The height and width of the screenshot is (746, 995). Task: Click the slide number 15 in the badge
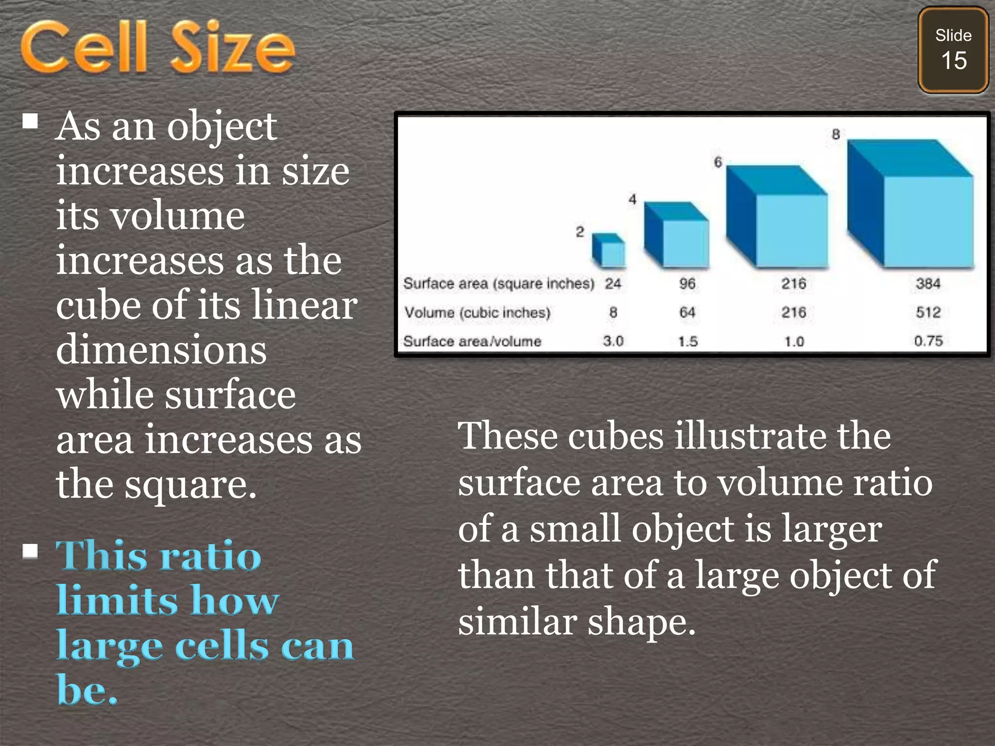(954, 61)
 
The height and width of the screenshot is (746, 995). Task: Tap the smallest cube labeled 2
(609, 251)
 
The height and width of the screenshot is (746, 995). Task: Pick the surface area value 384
(928, 284)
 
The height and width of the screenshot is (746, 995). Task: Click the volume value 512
(928, 312)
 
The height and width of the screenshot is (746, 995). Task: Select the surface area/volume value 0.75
(928, 341)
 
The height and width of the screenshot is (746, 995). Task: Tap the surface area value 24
(613, 284)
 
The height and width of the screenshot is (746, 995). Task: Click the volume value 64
(687, 312)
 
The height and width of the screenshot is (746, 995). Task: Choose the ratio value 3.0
(613, 341)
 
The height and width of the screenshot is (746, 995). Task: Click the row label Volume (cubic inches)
(477, 312)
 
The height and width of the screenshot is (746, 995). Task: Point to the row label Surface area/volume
(472, 341)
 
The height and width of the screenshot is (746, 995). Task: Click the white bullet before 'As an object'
(31, 120)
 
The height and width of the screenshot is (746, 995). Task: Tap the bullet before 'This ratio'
(31, 551)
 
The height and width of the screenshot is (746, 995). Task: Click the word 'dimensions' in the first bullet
(161, 350)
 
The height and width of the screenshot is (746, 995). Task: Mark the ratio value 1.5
(687, 341)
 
